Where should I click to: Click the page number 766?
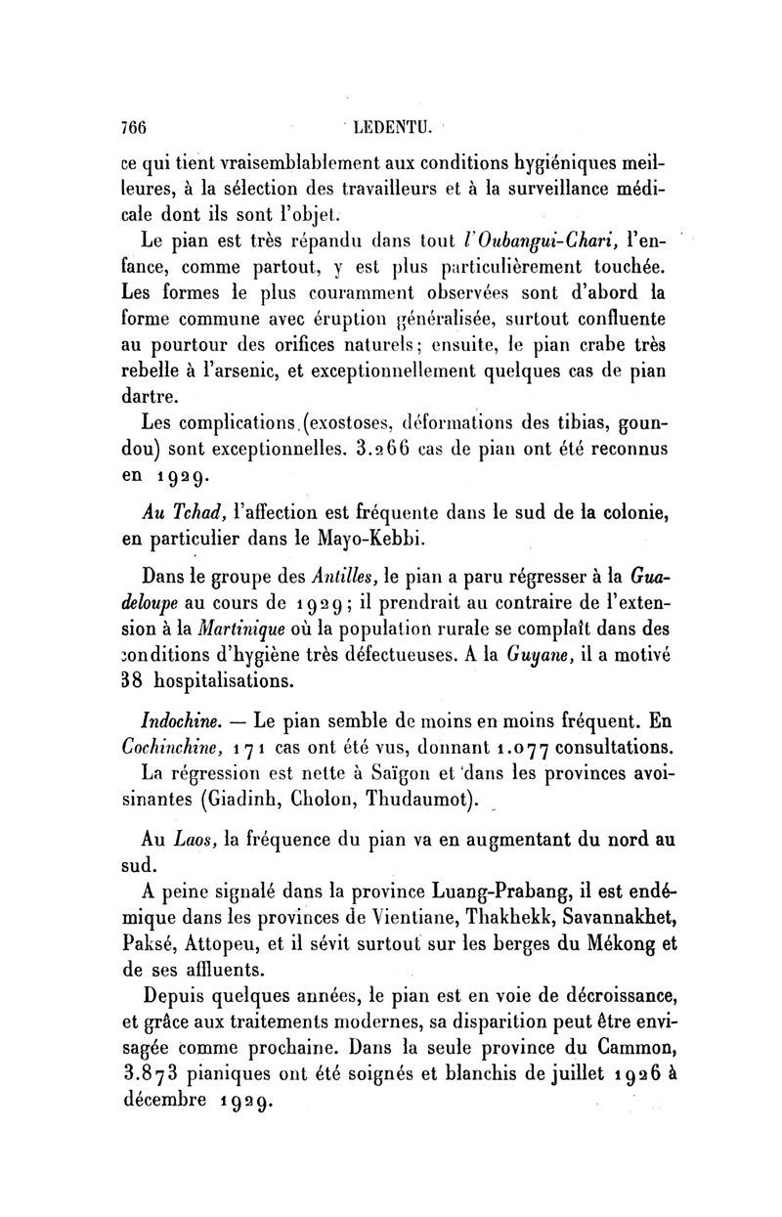128,127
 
